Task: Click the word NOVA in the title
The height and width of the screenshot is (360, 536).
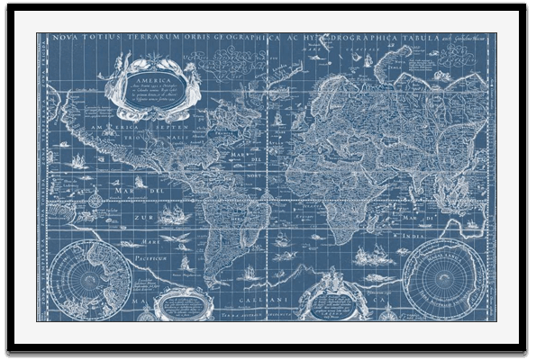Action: pyautogui.click(x=61, y=39)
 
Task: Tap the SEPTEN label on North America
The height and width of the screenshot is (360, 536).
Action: pyautogui.click(x=176, y=129)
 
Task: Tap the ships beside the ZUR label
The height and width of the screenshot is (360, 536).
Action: pyautogui.click(x=173, y=216)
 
